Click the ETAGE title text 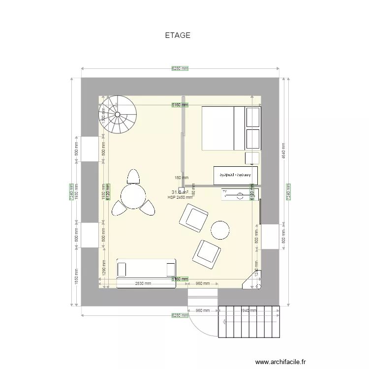point(178,35)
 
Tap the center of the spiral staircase point(118,115)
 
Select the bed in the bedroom point(224,128)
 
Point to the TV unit point(240,195)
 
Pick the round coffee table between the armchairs point(220,230)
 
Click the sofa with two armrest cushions point(146,269)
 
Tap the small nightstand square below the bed point(252,158)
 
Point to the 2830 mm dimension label point(143,283)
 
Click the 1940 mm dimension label point(249,310)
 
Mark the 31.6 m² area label point(180,192)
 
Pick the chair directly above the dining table point(133,176)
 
